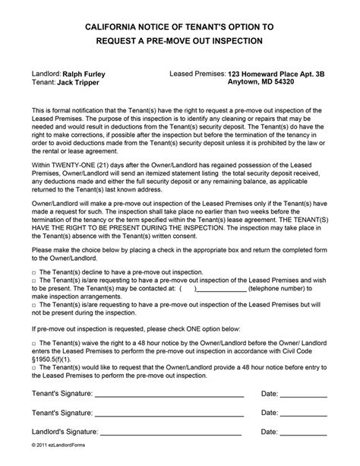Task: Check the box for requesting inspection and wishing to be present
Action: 34,281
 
